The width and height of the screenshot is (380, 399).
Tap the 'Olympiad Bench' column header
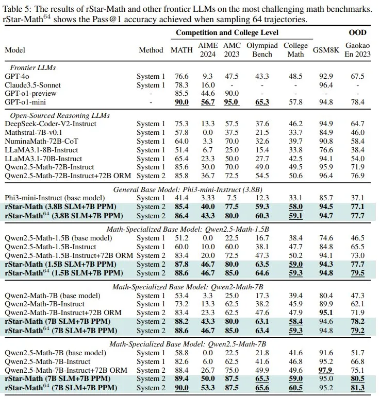click(x=262, y=49)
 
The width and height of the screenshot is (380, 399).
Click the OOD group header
click(x=357, y=32)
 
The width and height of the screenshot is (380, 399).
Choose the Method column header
click(x=151, y=50)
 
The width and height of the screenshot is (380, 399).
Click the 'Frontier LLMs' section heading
click(x=34, y=67)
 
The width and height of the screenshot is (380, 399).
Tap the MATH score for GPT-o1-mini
click(x=181, y=102)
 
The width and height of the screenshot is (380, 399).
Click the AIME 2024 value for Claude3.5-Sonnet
click(x=208, y=85)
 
